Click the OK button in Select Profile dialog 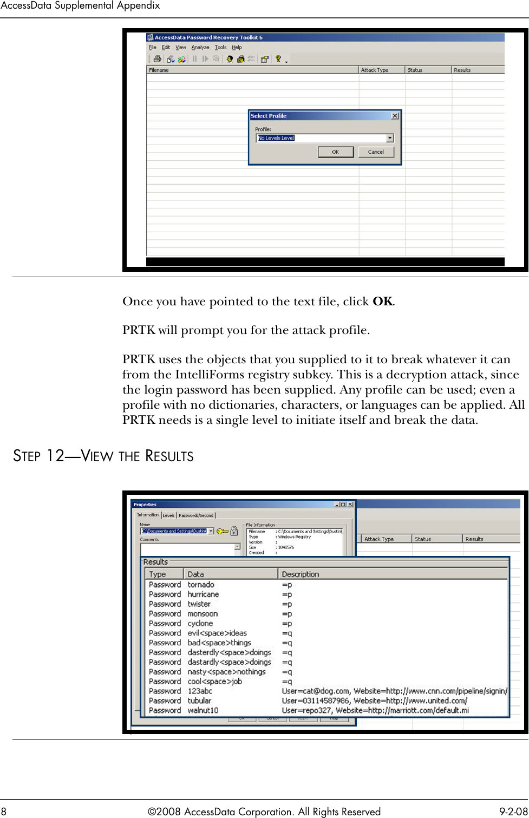335,152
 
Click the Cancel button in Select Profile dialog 376,152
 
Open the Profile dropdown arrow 389,138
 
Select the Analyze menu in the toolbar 200,48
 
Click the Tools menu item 220,48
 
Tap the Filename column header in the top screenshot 159,70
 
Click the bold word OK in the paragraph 382,302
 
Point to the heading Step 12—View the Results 103,456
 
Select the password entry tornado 201,585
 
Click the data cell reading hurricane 203,594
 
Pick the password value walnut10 203,710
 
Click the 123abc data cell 200,691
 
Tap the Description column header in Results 301,574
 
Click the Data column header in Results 195,574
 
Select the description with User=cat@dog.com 394,691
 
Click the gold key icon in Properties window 222,531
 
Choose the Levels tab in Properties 168,515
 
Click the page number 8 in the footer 4,811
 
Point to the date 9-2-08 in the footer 513,811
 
